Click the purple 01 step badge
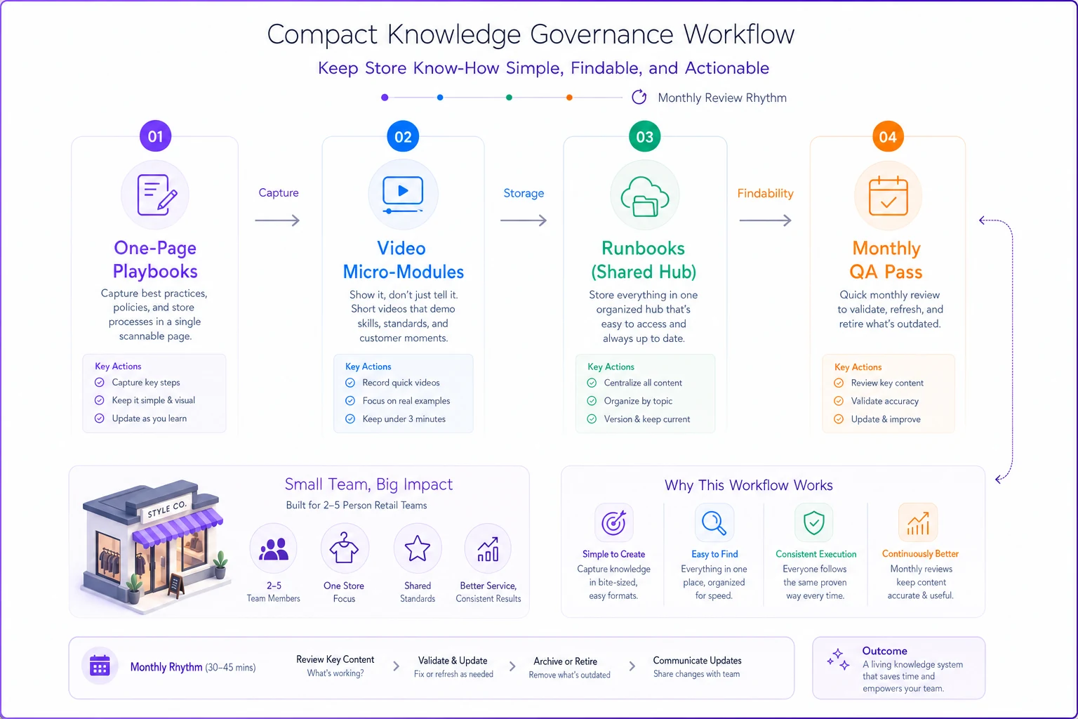[155, 136]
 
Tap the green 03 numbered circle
[644, 137]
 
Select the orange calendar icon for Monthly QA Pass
[888, 196]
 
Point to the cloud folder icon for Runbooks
[645, 197]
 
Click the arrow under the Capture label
[278, 220]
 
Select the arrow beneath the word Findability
[765, 220]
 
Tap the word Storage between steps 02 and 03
[524, 193]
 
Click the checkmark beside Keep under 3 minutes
[350, 419]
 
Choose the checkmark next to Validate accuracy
[839, 401]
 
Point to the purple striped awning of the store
[178, 529]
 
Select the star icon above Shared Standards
[418, 548]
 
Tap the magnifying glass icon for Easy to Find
[714, 524]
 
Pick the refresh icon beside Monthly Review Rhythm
[639, 98]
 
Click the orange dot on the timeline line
[569, 98]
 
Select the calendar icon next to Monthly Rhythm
[100, 666]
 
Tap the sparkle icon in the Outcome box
[839, 659]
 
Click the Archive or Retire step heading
[566, 661]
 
